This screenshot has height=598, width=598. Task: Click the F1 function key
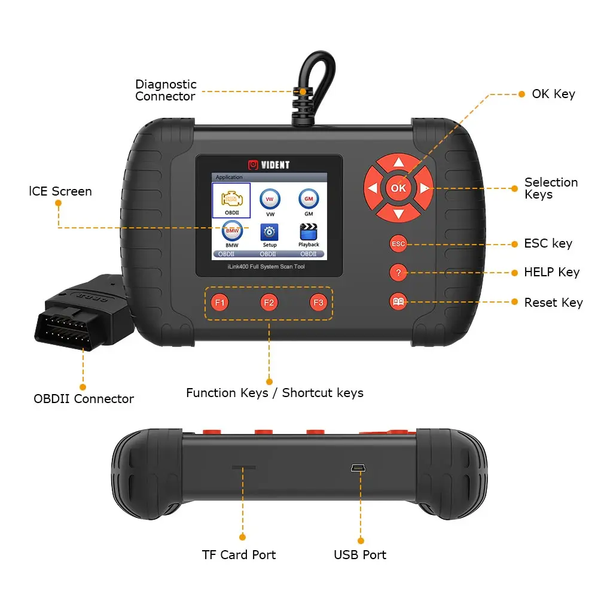(x=220, y=303)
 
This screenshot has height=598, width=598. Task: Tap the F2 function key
(x=269, y=303)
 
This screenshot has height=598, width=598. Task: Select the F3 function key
(x=318, y=303)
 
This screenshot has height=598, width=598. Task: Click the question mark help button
(x=398, y=273)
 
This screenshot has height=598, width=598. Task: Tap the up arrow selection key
(x=399, y=163)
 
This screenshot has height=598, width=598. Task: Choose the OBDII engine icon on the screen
(x=231, y=200)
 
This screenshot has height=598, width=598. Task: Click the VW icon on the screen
(x=270, y=199)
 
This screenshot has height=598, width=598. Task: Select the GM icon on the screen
(x=309, y=199)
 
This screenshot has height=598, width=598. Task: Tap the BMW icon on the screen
(x=231, y=231)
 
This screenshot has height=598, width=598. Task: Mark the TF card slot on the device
(x=243, y=465)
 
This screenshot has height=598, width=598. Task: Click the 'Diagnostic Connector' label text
(x=166, y=90)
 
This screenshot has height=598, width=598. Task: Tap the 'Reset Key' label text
(x=553, y=303)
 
